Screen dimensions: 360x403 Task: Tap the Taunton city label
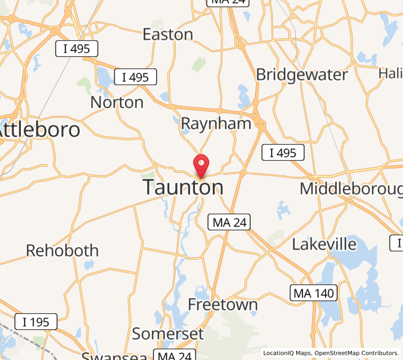point(183,187)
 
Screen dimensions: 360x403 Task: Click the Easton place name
point(168,34)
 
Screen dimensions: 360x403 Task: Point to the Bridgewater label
point(302,74)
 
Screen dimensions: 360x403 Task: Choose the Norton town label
point(117,102)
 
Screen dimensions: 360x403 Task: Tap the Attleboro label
point(39,129)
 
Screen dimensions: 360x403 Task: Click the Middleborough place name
point(351,188)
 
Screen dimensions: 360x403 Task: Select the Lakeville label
point(324,244)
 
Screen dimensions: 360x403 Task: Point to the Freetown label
point(222,304)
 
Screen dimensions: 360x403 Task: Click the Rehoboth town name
point(62,250)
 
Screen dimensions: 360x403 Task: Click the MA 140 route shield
point(314,293)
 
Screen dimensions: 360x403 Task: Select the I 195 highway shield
point(36,322)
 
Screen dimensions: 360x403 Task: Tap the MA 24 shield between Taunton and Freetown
point(228,222)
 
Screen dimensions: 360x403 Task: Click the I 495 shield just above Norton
point(136,77)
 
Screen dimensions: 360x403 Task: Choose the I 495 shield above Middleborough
point(283,152)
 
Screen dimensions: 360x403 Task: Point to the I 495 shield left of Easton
point(77,49)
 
